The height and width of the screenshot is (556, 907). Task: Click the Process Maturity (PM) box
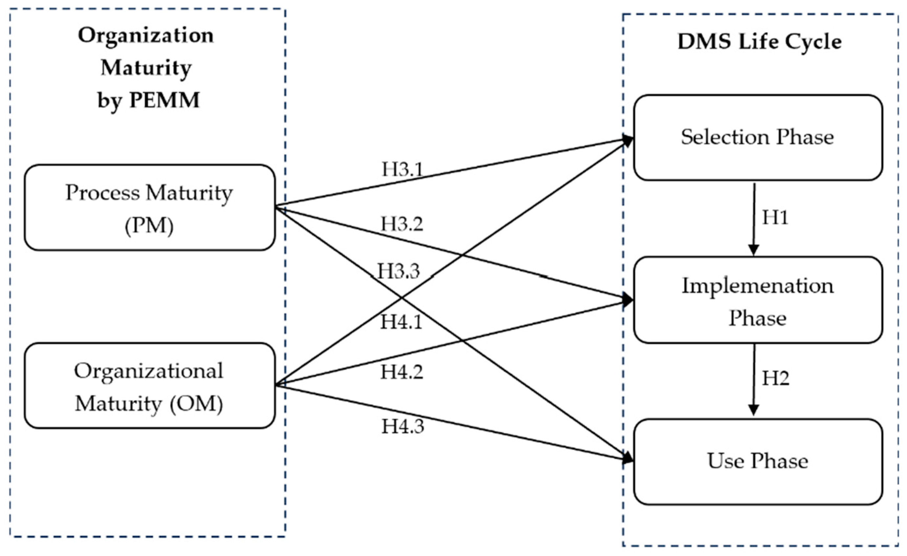point(149,208)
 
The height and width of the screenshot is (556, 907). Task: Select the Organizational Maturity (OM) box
point(149,386)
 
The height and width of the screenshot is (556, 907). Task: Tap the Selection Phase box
point(758,138)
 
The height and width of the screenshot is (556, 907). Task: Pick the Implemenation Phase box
point(758,300)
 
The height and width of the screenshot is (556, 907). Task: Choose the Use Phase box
point(758,462)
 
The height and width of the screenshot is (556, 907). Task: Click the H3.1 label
point(402,169)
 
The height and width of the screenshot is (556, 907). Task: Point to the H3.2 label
point(402,224)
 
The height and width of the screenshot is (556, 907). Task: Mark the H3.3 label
point(399,271)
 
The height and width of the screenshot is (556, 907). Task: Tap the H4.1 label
point(401,322)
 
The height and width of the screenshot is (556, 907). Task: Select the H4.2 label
point(402,372)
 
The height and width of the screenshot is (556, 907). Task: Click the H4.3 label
point(402,427)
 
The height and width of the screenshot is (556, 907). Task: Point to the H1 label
point(775,217)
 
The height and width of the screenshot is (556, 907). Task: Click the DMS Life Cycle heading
point(759,42)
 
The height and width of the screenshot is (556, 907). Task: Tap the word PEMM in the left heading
point(164,100)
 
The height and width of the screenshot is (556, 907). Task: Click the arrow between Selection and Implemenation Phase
point(754,219)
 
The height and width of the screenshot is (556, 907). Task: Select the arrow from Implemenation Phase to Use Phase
point(754,380)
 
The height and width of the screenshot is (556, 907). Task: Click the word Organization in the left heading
point(146,36)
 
